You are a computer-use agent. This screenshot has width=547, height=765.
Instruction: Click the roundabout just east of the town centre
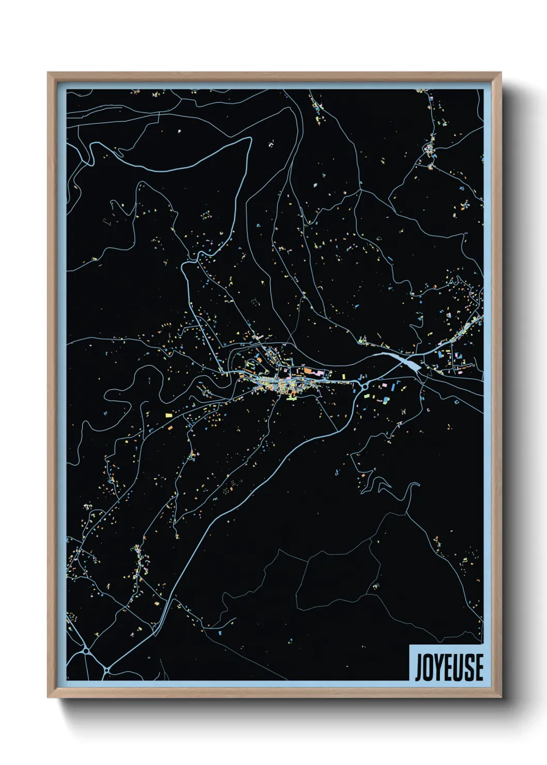pyautogui.click(x=365, y=386)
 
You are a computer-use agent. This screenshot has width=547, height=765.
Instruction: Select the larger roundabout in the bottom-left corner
pyautogui.click(x=86, y=650)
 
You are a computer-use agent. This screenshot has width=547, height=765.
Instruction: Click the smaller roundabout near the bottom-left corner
pyautogui.click(x=107, y=670)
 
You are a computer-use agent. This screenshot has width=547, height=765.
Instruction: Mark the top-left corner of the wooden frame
pyautogui.click(x=48, y=73)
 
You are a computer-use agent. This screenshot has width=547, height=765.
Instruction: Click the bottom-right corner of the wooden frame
pyautogui.click(x=500, y=697)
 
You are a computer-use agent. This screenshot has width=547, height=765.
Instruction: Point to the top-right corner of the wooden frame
pyautogui.click(x=500, y=73)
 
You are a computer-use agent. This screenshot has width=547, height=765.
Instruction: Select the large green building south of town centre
pyautogui.click(x=291, y=398)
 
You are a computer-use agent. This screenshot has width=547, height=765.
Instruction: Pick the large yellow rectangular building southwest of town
pyautogui.click(x=169, y=415)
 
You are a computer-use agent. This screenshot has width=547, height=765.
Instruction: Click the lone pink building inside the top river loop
pyautogui.click(x=179, y=131)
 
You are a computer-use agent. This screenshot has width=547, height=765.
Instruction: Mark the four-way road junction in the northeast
pyautogui.click(x=360, y=190)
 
